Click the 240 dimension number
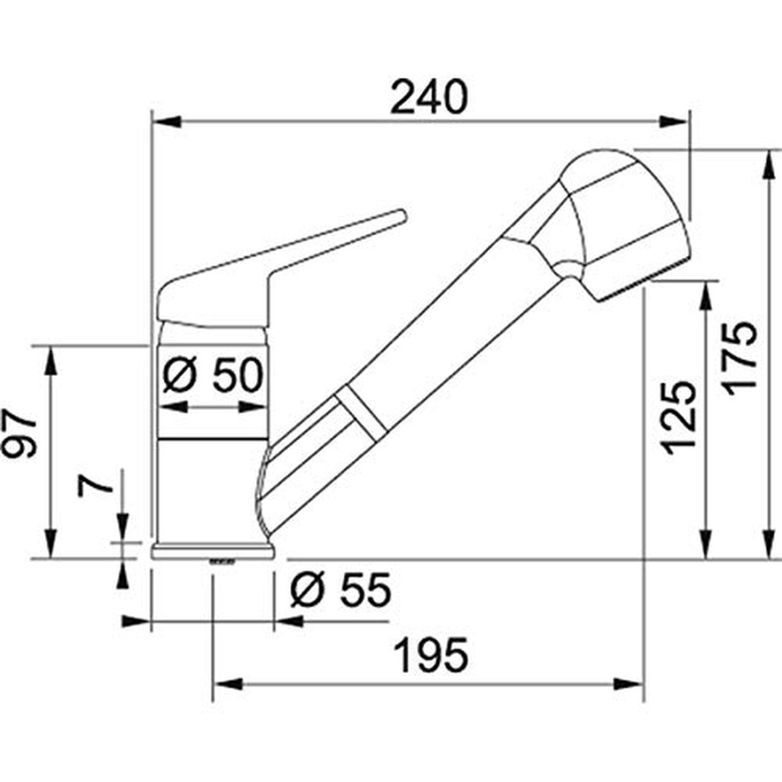point(429,96)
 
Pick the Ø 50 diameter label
point(212,375)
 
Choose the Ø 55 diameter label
point(341,589)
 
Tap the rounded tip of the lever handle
point(401,216)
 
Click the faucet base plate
point(213,551)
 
